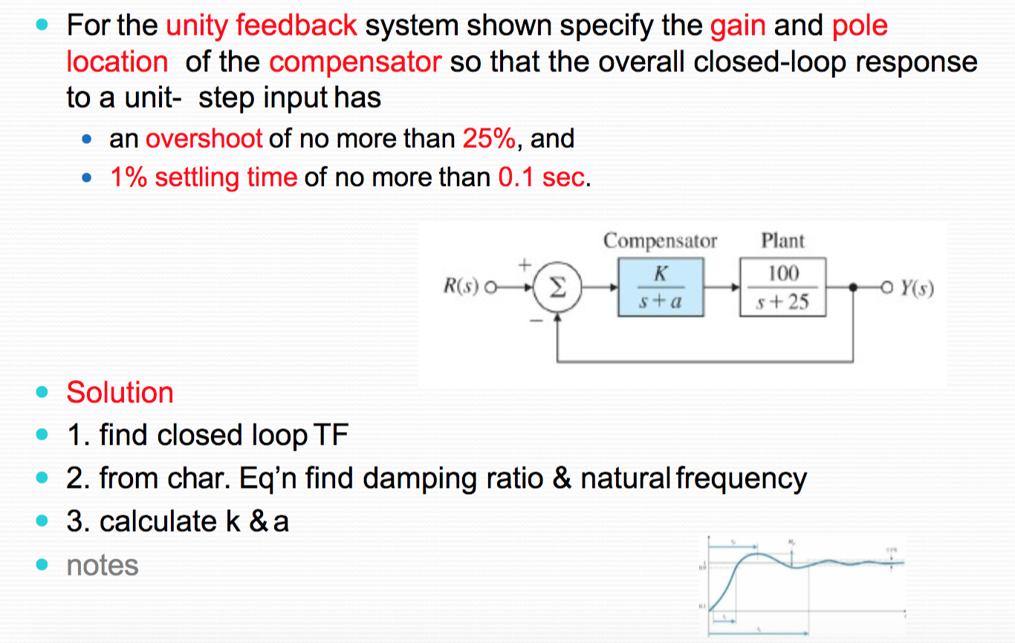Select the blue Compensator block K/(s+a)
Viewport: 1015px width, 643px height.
pos(661,287)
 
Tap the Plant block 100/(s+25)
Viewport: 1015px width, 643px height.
pos(782,287)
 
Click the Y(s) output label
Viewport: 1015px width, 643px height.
pos(916,286)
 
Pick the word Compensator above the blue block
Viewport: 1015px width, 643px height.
pos(660,241)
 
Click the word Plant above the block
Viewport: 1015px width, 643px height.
pos(782,241)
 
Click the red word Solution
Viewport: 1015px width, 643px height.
pos(120,392)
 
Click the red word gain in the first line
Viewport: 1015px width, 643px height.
pos(738,26)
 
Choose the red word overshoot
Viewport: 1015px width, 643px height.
pos(204,138)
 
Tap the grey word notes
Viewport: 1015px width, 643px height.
pos(103,565)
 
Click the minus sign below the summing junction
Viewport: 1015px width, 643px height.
pos(531,321)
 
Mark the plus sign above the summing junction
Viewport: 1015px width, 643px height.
pos(524,264)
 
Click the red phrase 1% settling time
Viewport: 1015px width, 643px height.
pos(204,177)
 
